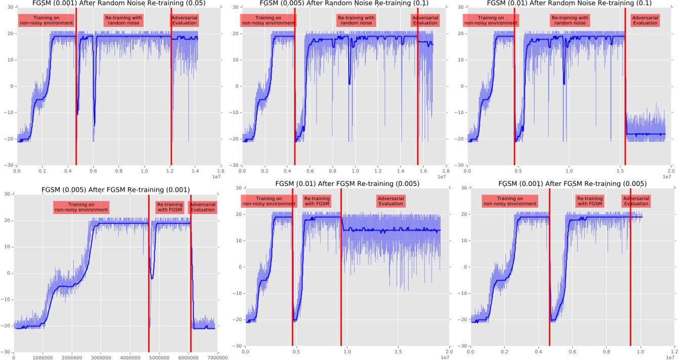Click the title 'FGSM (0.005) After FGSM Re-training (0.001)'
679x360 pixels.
pos(115,190)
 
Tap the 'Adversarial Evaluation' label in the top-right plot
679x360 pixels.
pos(645,20)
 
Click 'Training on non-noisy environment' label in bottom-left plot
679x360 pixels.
pos(81,207)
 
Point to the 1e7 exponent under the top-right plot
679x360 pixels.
pos(666,177)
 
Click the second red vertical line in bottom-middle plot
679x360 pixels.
pos(342,273)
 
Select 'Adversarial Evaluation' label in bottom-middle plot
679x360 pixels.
pos(390,202)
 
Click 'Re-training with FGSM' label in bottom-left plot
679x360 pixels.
pos(169,207)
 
